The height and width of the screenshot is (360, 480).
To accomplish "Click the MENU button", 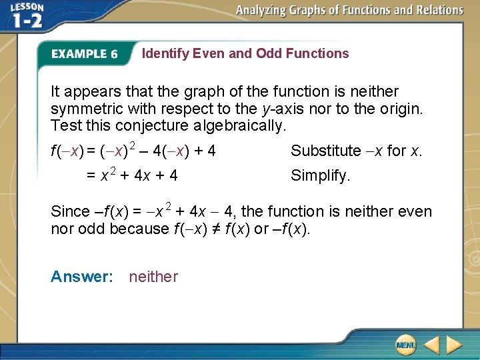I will pos(405,345).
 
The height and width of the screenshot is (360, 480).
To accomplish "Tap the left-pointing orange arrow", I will pos(431,345).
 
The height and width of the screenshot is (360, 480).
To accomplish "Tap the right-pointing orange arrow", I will pos(455,345).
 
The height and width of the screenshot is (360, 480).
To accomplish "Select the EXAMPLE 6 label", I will pos(84,54).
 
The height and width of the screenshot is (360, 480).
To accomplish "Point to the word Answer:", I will pos(82,277).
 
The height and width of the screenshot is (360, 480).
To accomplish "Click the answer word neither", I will pos(153,277).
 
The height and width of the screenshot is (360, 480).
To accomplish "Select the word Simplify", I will pos(320,177).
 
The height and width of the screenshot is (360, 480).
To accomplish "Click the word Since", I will pos(69,212).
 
